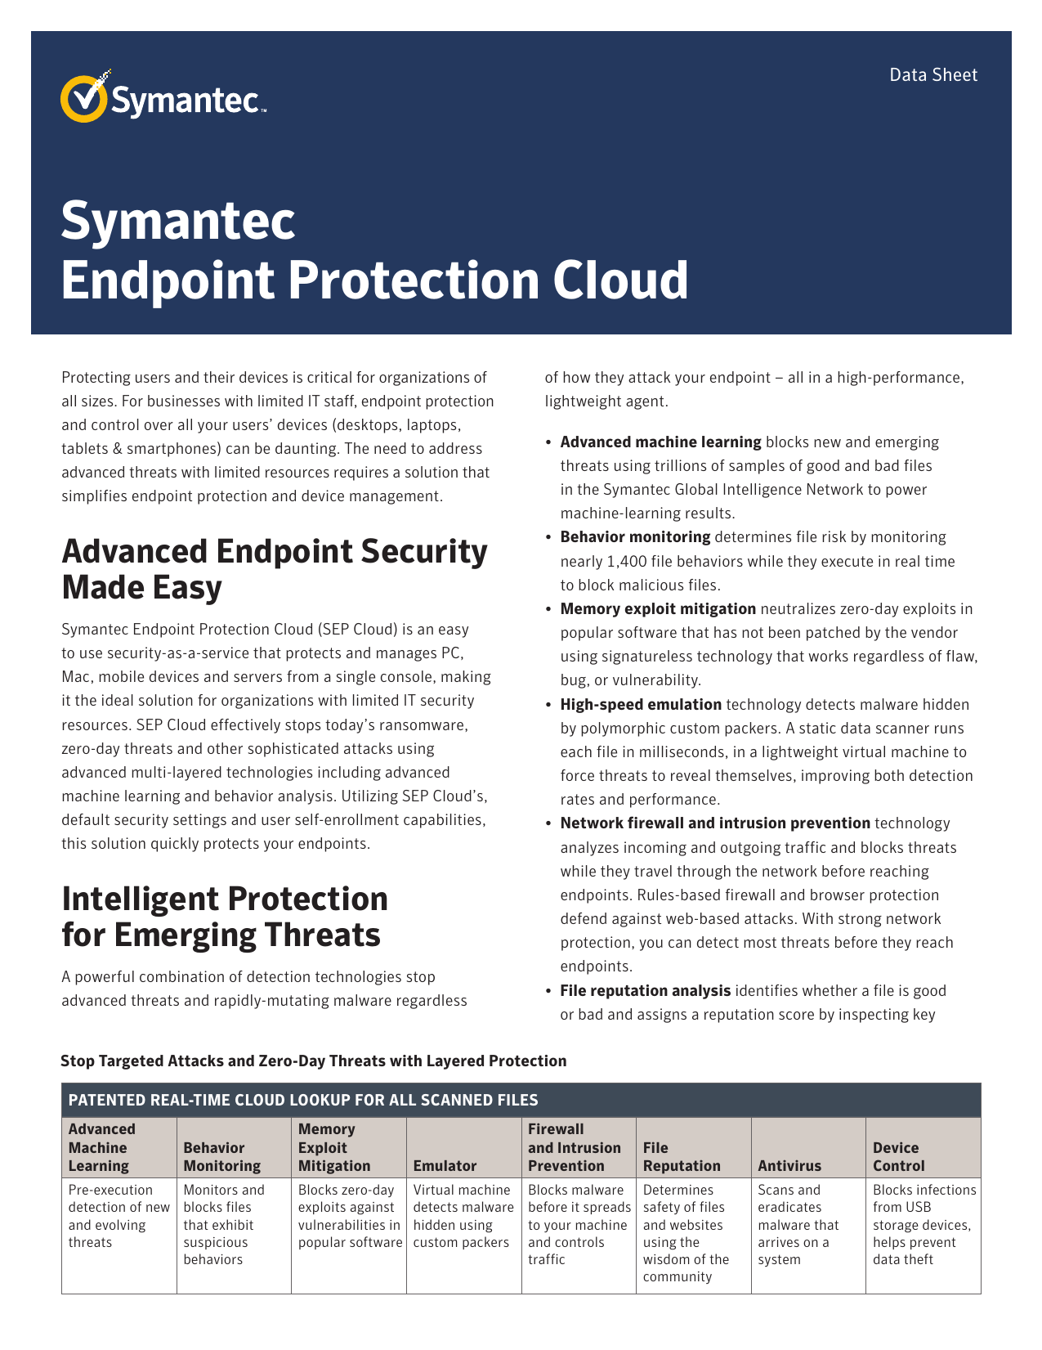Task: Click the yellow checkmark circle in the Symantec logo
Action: point(83,98)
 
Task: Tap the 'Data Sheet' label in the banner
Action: point(932,75)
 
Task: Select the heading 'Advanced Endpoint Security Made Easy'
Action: point(275,568)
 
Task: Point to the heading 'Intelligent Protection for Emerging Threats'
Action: point(225,917)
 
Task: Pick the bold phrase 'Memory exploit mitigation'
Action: point(658,609)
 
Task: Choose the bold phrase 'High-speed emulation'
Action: point(641,705)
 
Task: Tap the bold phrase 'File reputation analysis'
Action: point(645,991)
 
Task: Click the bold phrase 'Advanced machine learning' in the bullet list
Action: point(660,442)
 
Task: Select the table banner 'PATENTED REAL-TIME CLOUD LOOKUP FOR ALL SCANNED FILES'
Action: point(303,1100)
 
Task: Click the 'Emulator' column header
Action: point(445,1165)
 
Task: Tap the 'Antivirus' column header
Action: point(789,1165)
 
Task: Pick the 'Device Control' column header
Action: point(898,1156)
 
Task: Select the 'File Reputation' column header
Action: point(682,1156)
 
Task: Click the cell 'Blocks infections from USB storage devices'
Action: point(924,1224)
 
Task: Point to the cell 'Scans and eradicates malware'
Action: point(798,1224)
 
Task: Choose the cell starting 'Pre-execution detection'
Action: point(119,1215)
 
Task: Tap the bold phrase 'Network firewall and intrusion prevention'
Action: point(715,823)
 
